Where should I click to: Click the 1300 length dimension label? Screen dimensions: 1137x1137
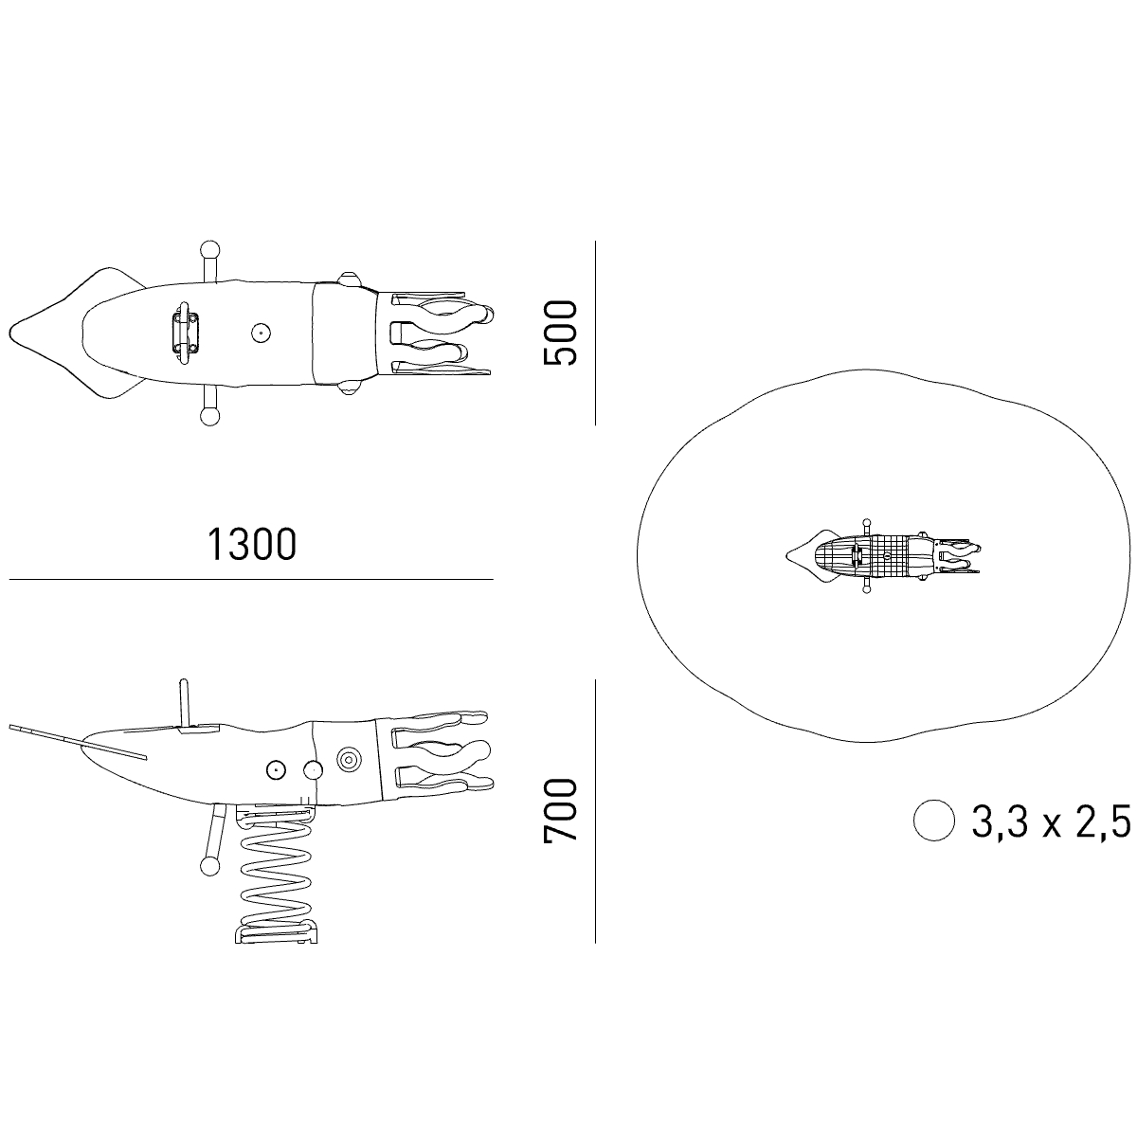click(x=252, y=544)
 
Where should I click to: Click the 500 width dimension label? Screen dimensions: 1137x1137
click(x=560, y=333)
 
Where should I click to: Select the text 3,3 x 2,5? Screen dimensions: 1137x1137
click(x=1051, y=821)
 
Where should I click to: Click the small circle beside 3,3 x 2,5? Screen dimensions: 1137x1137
click(x=933, y=821)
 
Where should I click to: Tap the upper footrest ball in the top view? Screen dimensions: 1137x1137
click(x=210, y=249)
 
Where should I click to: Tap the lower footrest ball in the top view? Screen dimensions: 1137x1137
click(x=210, y=417)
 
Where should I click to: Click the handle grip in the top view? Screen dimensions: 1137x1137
click(x=186, y=334)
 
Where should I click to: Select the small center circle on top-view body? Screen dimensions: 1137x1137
click(x=261, y=334)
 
